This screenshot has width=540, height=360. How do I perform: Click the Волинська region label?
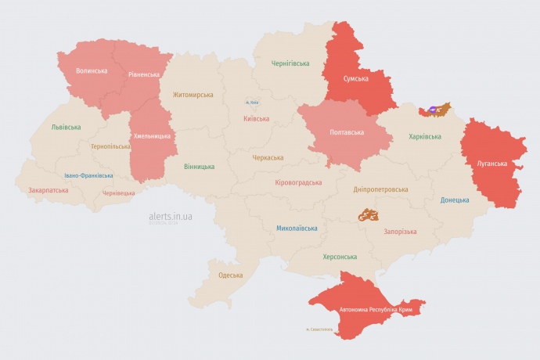tap(92, 70)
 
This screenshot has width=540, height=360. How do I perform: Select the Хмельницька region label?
tap(152, 136)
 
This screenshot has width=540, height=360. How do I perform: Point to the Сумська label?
tap(357, 79)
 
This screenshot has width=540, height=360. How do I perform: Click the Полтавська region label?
tap(345, 132)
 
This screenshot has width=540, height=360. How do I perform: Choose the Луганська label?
tap(491, 164)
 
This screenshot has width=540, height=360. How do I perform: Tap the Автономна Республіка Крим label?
tap(376, 310)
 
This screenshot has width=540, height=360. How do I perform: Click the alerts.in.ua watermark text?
tap(171, 215)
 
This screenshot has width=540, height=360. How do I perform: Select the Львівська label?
tap(66, 127)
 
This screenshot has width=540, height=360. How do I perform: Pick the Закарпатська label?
tap(49, 190)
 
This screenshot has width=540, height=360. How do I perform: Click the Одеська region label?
tap(230, 275)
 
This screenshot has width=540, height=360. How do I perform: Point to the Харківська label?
tap(425, 137)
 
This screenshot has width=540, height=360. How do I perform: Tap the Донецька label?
tap(455, 200)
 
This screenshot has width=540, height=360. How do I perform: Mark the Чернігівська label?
tap(290, 63)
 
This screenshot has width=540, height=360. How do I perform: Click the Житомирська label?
tap(193, 95)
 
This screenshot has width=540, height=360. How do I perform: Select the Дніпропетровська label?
tap(380, 189)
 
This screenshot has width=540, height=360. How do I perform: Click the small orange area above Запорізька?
tap(368, 214)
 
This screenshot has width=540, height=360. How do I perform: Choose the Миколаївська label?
tap(297, 229)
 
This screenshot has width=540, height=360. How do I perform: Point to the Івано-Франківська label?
tap(88, 176)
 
